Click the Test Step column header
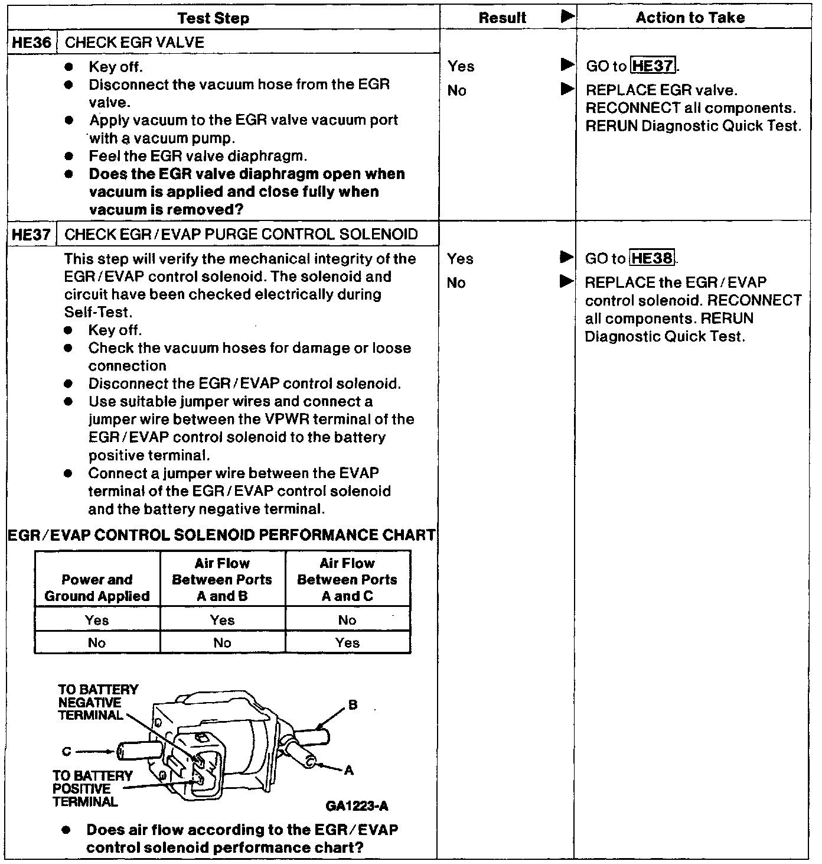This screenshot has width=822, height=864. coord(213,18)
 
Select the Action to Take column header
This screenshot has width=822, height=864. coord(690,18)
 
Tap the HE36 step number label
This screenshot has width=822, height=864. coord(32,43)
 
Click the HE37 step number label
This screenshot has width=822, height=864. coord(32,235)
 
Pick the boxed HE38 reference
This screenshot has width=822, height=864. coord(653,259)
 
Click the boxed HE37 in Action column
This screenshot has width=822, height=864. coord(653,66)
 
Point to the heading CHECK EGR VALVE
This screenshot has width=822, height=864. coord(135,43)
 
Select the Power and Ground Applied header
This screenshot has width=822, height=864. coord(97,588)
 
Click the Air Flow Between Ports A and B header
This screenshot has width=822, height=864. coord(222,580)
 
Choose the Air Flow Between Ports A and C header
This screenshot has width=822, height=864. coord(347,580)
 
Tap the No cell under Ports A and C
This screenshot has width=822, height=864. coord(347,620)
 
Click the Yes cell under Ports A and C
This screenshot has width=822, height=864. coord(347,643)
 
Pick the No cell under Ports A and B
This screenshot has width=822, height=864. coord(222,643)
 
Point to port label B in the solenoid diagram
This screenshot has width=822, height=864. coord(353,705)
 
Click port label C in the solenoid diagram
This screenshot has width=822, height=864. coord(66,752)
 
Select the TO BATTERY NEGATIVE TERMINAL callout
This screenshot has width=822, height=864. coord(90,703)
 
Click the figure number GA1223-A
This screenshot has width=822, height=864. coord(357,806)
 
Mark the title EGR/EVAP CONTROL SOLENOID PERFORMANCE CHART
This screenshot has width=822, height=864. coord(222,535)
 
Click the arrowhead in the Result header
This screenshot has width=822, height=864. coord(566,17)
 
